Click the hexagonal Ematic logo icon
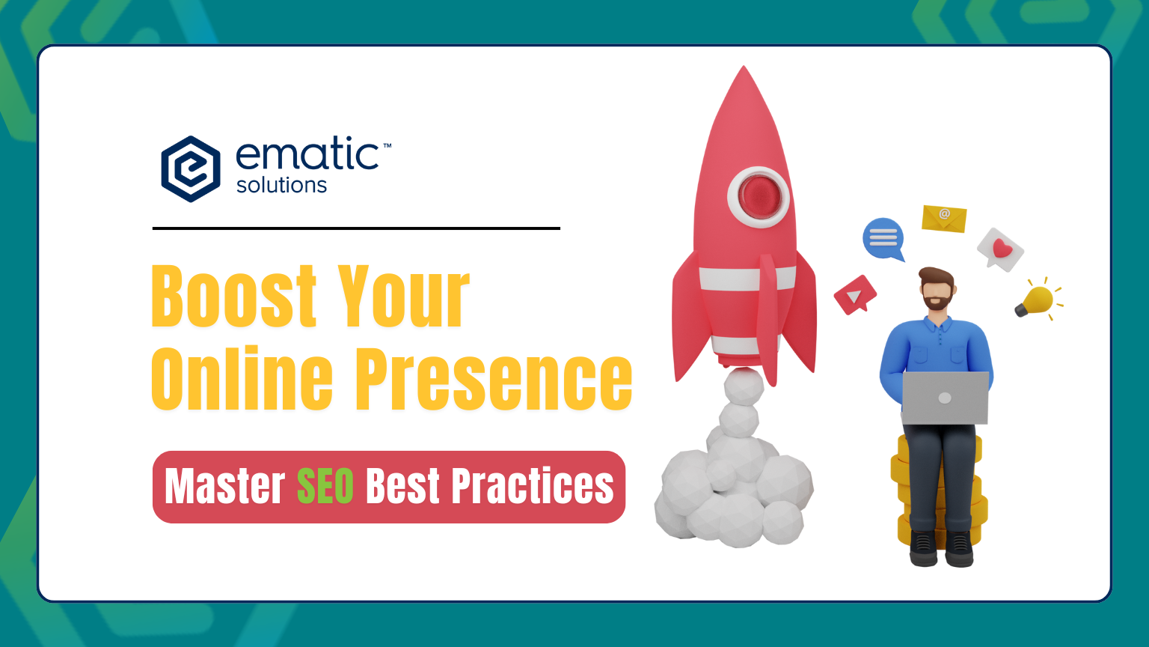tap(191, 169)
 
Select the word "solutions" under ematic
tap(281, 185)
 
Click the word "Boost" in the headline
tap(234, 296)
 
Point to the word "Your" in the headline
tap(404, 296)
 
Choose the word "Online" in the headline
tap(242, 378)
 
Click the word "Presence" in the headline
tap(494, 378)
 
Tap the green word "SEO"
tap(325, 486)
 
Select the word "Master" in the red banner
tap(224, 486)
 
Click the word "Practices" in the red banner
tap(533, 486)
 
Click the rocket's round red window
tap(759, 197)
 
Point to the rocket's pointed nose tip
tap(744, 67)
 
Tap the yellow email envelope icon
tap(944, 218)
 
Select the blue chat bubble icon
tap(883, 239)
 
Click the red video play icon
tap(854, 295)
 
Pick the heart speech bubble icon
tap(1000, 249)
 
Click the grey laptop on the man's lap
tap(945, 398)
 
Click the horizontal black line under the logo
tap(356, 228)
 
